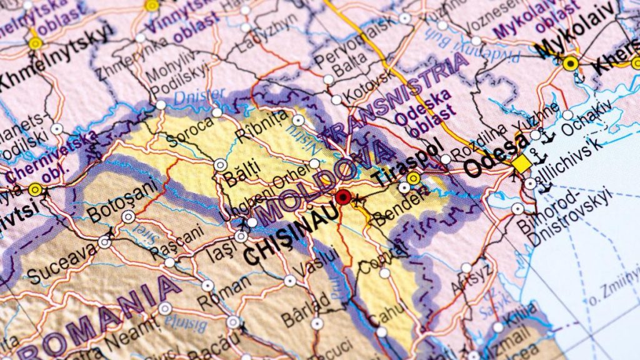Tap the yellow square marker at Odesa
[x=522, y=164]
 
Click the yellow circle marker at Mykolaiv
[x=569, y=63]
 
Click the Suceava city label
[x=61, y=265]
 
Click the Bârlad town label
[x=306, y=308]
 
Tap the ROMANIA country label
[x=94, y=320]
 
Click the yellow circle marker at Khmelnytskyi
[x=36, y=43]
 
